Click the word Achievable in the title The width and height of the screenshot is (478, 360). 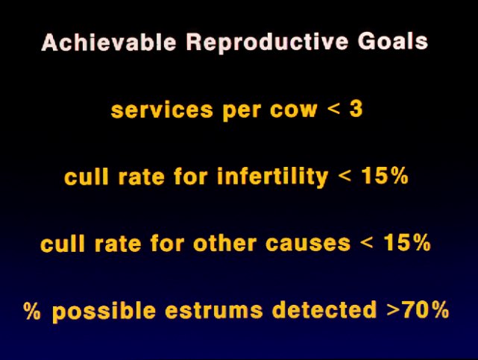coord(109,42)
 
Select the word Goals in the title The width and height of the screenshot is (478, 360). coord(393,42)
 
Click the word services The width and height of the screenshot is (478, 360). coord(162,110)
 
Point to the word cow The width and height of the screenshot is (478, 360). coord(293,110)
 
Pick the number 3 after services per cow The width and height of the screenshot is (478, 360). coord(356,109)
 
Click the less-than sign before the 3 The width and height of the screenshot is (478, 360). coord(333,108)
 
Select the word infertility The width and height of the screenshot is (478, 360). coord(272,177)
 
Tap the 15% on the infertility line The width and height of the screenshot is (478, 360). coord(385,176)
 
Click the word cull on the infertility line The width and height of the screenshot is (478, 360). coord(87,177)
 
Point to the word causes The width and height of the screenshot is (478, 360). coord(308,244)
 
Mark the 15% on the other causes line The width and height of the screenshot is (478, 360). coord(407,243)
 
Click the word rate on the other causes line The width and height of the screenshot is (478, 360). coord(118,244)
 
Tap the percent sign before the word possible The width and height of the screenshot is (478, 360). coord(32,310)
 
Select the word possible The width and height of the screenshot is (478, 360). coord(104,312)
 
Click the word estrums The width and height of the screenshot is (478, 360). coord(214,312)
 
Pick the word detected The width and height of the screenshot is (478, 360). coord(324,310)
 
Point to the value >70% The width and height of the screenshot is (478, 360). coord(418,310)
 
